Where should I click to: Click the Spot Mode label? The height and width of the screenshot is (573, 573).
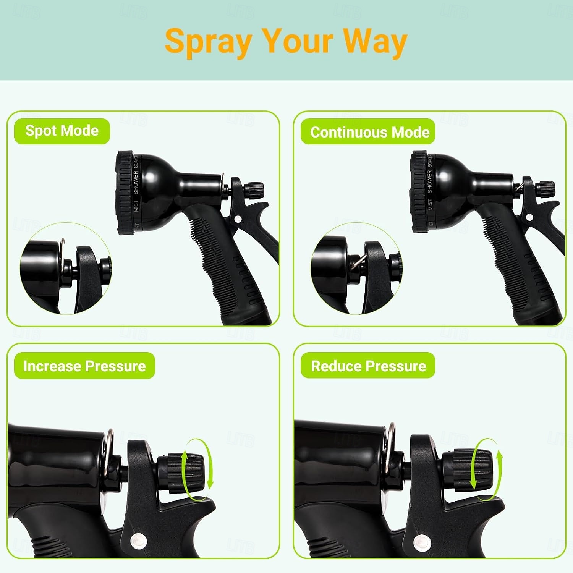(x=62, y=131)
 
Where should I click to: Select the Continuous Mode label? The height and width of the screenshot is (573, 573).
(x=369, y=132)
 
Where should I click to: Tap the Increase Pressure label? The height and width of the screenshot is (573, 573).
(x=84, y=366)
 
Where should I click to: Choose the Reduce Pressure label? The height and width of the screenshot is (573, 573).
(x=368, y=366)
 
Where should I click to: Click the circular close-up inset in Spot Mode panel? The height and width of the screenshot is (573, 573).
(x=65, y=269)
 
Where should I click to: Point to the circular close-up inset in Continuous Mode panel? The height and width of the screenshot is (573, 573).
(x=356, y=269)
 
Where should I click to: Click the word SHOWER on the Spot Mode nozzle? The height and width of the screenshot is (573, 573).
(x=136, y=182)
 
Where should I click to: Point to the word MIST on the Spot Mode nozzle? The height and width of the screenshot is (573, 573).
(x=136, y=206)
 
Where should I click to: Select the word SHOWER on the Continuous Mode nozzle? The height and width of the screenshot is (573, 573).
(x=429, y=182)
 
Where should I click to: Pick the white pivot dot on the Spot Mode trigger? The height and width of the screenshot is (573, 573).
(x=238, y=219)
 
